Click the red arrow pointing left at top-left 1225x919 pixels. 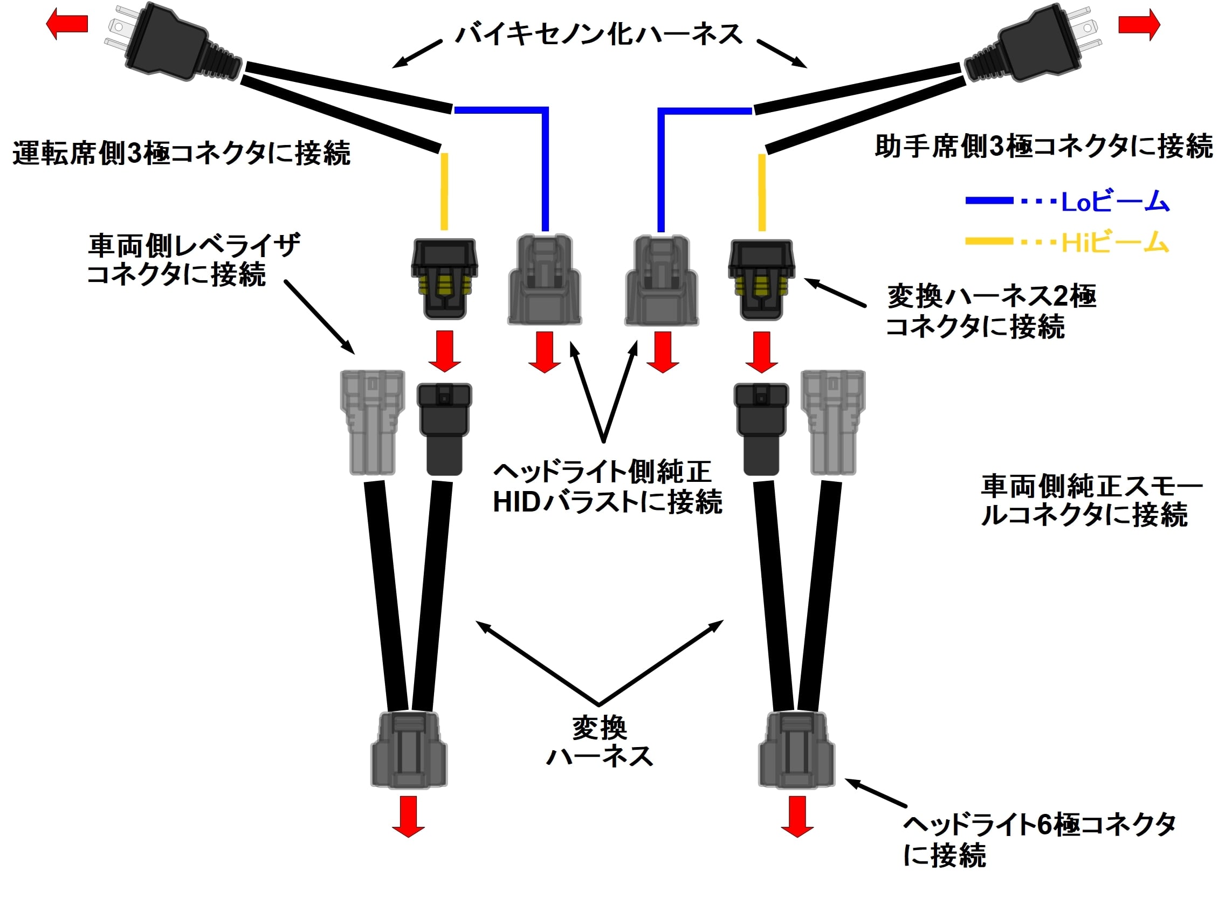67,24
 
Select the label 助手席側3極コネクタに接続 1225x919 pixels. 1044,147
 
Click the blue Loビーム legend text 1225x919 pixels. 1114,202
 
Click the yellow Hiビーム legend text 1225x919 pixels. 1114,243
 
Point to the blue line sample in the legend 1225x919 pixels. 989,201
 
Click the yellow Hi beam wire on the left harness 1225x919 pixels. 444,191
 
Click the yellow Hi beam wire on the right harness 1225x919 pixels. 762,192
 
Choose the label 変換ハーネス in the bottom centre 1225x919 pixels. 600,742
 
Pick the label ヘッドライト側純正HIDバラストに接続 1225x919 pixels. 607,487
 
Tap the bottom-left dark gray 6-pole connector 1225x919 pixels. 409,750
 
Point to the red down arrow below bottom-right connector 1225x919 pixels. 797,816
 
